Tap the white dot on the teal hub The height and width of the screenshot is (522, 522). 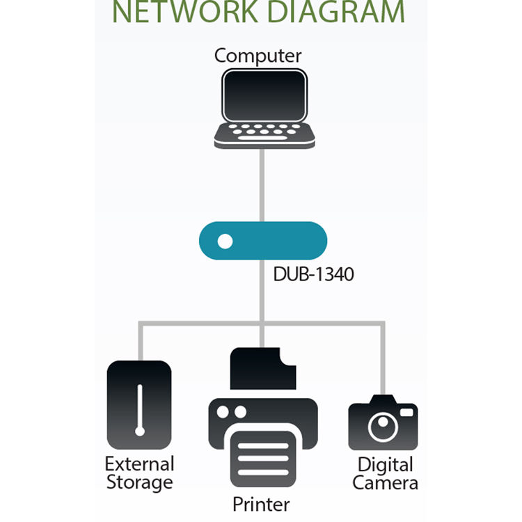coord(225,242)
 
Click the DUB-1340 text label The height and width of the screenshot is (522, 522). coord(313,274)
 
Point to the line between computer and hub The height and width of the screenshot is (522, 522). coord(262,184)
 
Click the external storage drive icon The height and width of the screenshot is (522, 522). coord(139,404)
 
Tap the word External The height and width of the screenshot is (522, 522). coord(139,464)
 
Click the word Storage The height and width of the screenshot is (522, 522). coord(139,482)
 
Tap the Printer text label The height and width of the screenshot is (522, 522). coord(261,503)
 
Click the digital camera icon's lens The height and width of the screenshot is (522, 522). coord(382,425)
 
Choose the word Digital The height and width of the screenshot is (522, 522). coord(386,464)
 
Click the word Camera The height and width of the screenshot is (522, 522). coord(386,483)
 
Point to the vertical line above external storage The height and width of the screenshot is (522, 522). coord(140,341)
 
